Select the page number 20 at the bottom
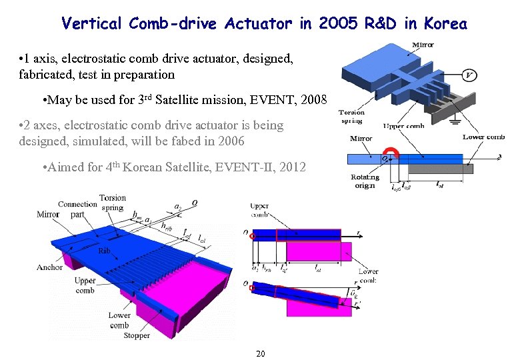click(x=260, y=353)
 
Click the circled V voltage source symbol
click(x=470, y=75)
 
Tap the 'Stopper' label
click(x=137, y=336)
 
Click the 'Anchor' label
click(x=50, y=267)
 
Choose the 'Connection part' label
click(x=77, y=209)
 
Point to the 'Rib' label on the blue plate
click(x=104, y=251)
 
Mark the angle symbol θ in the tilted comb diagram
click(x=354, y=294)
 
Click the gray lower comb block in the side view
click(x=439, y=169)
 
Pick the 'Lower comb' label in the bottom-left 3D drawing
click(x=119, y=320)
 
